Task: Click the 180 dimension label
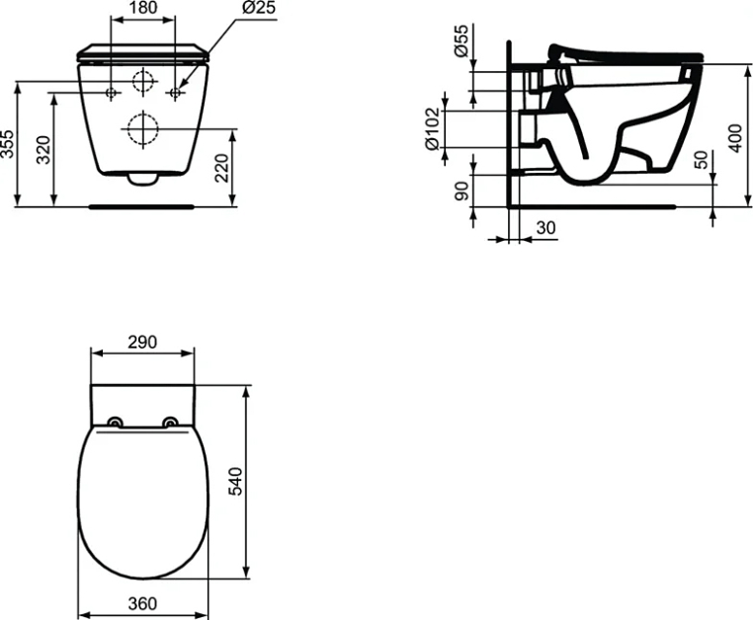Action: [x=142, y=8]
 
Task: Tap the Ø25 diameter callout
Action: [x=259, y=8]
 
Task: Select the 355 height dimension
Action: [x=8, y=143]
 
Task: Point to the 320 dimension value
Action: [x=43, y=150]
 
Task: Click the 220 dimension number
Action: [x=221, y=168]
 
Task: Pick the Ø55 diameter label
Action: [x=461, y=41]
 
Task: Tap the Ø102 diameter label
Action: [x=432, y=128]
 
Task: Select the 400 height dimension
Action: [x=735, y=138]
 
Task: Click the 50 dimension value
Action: [x=702, y=160]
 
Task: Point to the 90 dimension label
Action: [x=461, y=191]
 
